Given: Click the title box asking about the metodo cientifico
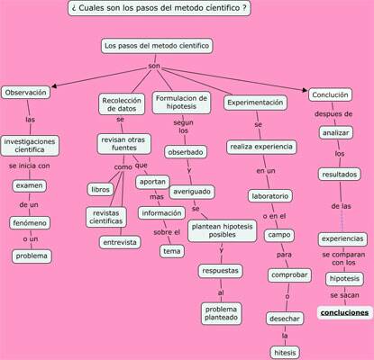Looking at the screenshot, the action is pos(160,8).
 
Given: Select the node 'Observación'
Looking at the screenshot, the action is pos(26,93).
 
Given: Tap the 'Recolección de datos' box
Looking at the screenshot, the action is pos(122,104).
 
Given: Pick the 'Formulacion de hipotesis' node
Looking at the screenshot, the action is pos(181,103).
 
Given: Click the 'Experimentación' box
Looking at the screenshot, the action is pos(255,103).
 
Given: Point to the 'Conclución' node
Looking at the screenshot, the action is pos(330,94).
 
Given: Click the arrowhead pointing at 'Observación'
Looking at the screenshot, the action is pos(54,86).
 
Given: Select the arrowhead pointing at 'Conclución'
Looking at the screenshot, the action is pos(305,90).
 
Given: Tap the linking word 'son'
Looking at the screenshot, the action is pos(154,66).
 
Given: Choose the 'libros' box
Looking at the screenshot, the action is pos(101,190).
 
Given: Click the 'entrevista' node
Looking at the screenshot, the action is pos(120,242).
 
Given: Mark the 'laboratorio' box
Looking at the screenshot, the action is pos(270,196).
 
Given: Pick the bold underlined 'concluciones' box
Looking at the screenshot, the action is pos(344,312).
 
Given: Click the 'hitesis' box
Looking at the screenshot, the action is pos(285,353).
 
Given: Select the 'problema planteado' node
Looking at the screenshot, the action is pos(222,313).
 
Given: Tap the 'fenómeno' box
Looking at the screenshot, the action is pos(30,223).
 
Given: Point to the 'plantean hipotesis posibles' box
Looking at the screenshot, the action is pos(223,230).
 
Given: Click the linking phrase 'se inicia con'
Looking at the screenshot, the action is pos(30,166).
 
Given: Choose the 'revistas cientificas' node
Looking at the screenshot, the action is pos(106,217).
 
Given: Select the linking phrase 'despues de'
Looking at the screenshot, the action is pos(333,114).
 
